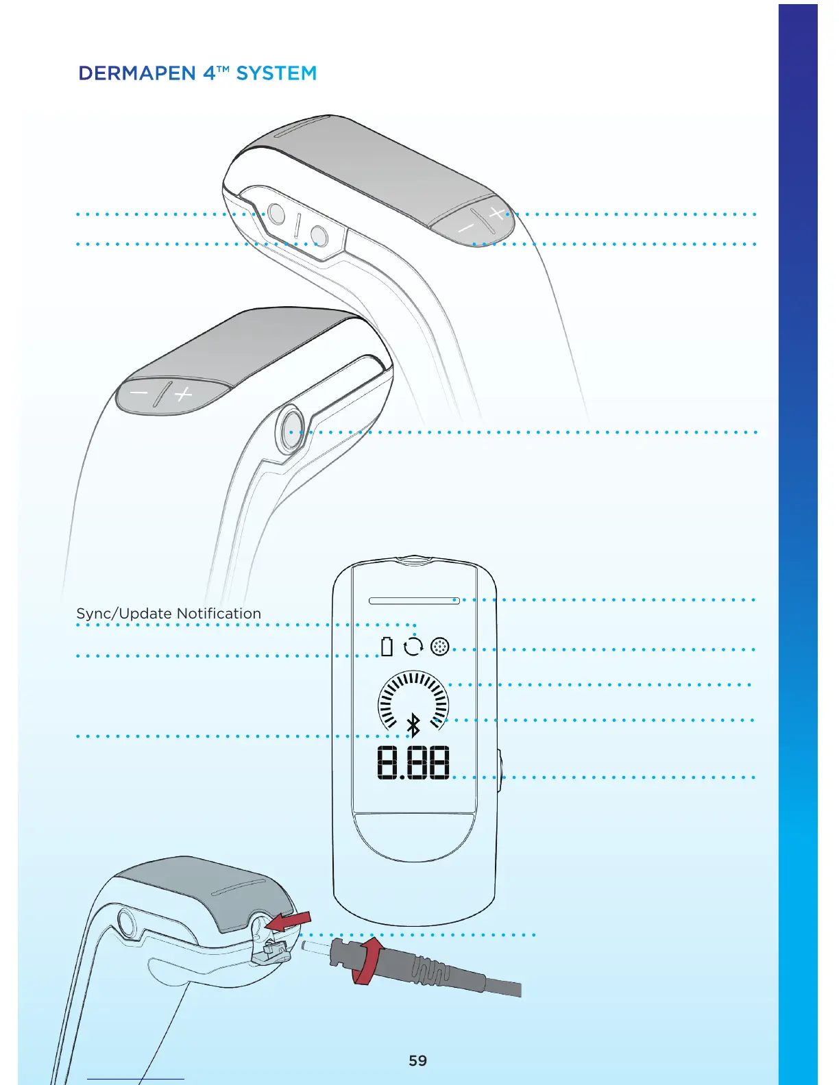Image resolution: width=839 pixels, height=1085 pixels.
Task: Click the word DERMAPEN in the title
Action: [x=137, y=73]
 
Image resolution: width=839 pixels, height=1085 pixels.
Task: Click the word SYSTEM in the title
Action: [x=276, y=73]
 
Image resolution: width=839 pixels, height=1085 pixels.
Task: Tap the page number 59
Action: [x=417, y=1060]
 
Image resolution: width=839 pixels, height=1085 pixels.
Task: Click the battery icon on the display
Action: [x=387, y=647]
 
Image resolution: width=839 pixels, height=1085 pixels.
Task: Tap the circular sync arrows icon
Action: [x=413, y=647]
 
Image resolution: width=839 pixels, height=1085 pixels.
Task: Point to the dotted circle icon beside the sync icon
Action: [x=440, y=647]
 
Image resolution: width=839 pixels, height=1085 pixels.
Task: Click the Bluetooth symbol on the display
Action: [x=413, y=725]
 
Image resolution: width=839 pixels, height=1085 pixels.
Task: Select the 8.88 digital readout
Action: [x=413, y=762]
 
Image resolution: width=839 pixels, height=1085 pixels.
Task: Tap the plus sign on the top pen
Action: [x=497, y=212]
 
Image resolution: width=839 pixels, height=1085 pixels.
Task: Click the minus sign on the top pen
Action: [x=466, y=227]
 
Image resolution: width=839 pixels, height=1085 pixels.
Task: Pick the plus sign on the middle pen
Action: [x=183, y=395]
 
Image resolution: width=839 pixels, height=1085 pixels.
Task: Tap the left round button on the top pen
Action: [x=276, y=214]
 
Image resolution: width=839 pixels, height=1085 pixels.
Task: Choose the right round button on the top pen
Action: [x=319, y=236]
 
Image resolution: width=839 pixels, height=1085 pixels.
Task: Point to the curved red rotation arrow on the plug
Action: [x=367, y=962]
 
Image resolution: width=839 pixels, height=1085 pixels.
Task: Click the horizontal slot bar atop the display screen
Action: [x=414, y=601]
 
